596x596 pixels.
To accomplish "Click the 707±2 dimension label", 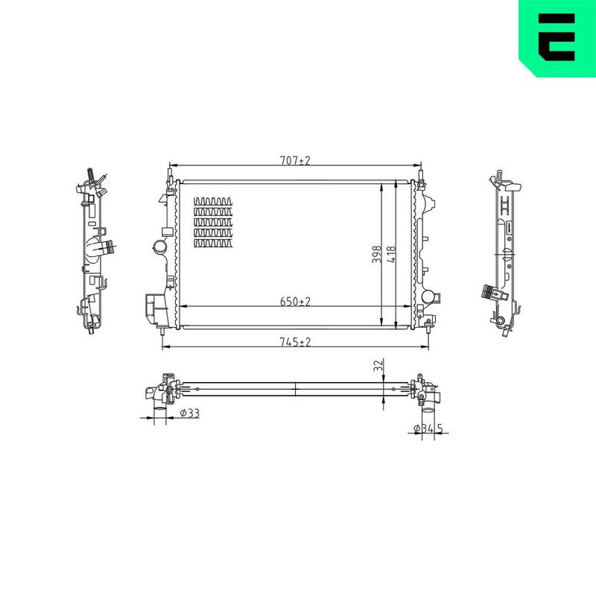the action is pyautogui.click(x=295, y=160).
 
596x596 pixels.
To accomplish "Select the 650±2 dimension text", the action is pyautogui.click(x=295, y=302).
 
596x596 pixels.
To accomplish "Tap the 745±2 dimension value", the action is pyautogui.click(x=295, y=342).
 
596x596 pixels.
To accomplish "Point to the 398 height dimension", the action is pyautogui.click(x=376, y=254).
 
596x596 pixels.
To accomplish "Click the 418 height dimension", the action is pyautogui.click(x=390, y=254).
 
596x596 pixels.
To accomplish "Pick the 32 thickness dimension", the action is pyautogui.click(x=378, y=365).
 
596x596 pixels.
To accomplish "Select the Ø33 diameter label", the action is pyautogui.click(x=190, y=413).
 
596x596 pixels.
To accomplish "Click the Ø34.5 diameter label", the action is pyautogui.click(x=428, y=428).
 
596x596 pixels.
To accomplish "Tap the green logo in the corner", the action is pyautogui.click(x=557, y=38).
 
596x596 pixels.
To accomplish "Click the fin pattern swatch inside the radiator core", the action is pyautogui.click(x=213, y=222).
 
